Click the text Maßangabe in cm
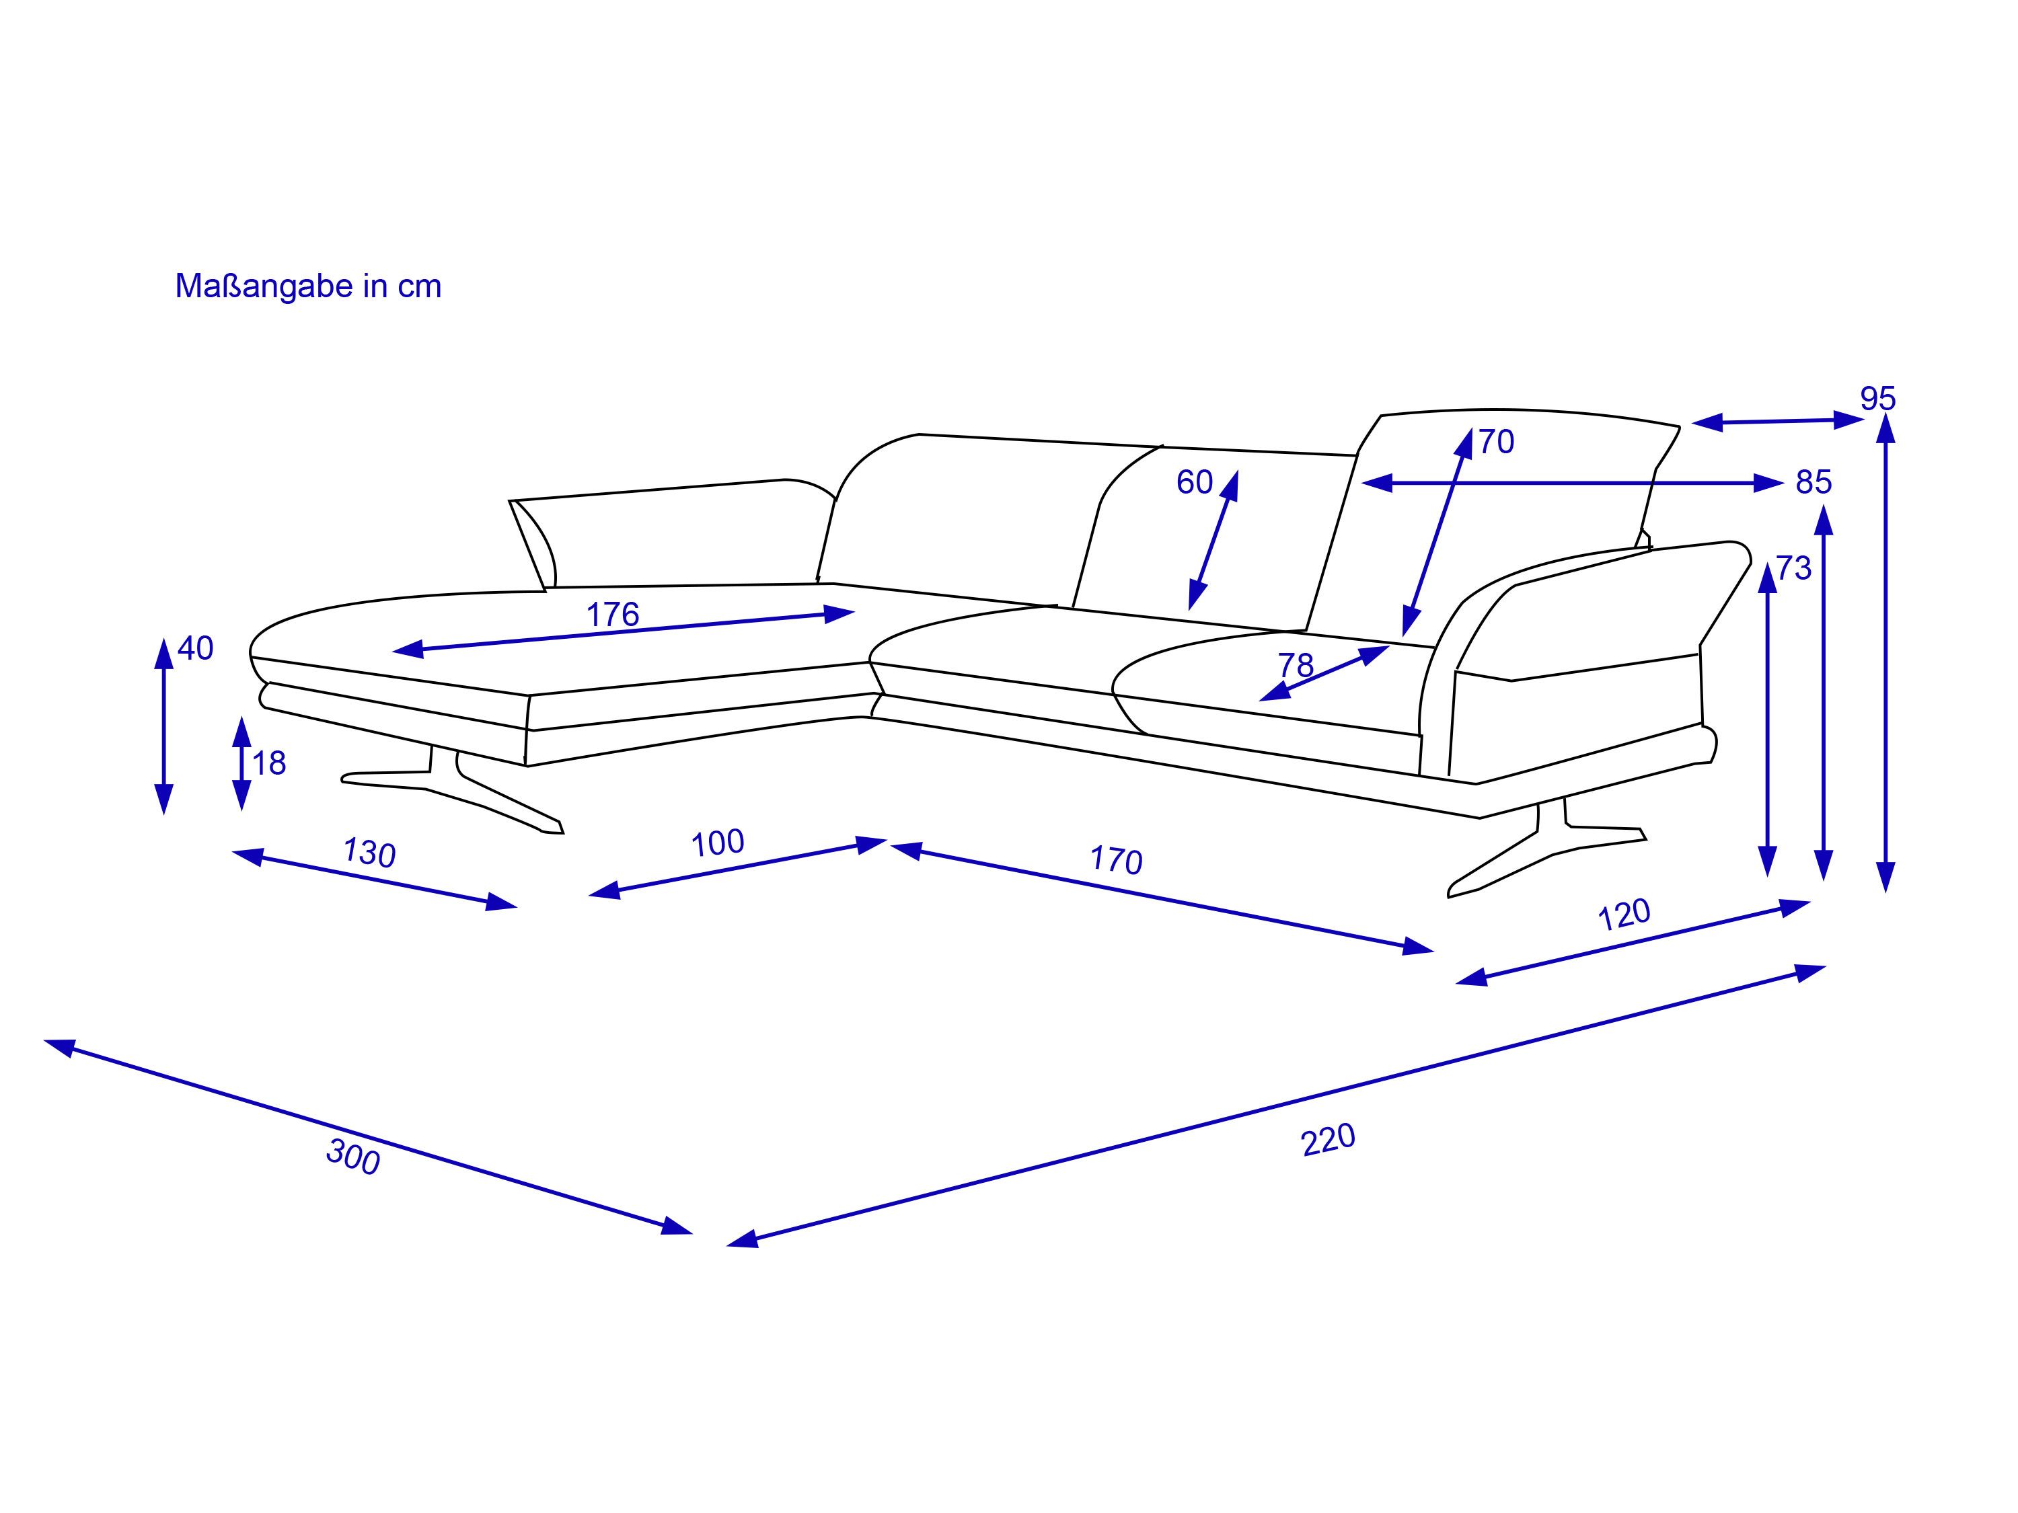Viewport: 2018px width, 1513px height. coord(308,286)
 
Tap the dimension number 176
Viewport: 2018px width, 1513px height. coord(612,615)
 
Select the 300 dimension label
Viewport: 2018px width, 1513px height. coord(353,1157)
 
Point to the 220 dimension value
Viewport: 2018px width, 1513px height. coord(1329,1140)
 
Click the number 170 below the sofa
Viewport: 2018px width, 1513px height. coord(1116,860)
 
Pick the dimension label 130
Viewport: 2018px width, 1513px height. coord(369,853)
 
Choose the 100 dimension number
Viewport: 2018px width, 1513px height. coord(717,843)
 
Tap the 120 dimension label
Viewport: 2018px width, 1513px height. coord(1624,915)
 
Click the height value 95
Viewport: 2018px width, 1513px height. coord(1878,399)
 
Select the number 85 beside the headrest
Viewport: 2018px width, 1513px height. coord(1814,481)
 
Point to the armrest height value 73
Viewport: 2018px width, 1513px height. coord(1793,568)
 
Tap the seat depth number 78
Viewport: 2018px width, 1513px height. coord(1296,665)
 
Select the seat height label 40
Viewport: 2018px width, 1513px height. coord(195,648)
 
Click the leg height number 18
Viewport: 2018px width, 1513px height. coord(269,763)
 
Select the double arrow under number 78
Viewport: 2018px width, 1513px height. coord(1324,673)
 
